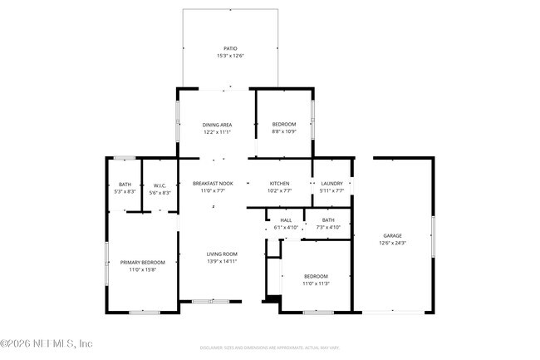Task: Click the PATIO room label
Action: (230, 49)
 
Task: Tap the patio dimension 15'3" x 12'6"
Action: (230, 56)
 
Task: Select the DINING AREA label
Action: (217, 125)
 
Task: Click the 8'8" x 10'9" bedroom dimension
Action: (284, 131)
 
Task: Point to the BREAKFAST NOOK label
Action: (213, 183)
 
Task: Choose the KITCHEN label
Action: (279, 183)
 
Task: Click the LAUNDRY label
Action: (331, 183)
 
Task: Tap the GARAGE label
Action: (392, 236)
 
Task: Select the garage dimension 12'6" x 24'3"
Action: (392, 243)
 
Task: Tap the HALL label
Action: (285, 220)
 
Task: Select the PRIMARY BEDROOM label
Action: (142, 263)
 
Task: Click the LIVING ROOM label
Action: (222, 254)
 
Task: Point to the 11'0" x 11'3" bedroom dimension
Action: (315, 284)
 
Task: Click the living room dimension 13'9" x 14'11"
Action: (222, 261)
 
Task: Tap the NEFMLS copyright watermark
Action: (47, 343)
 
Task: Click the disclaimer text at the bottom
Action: (269, 348)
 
